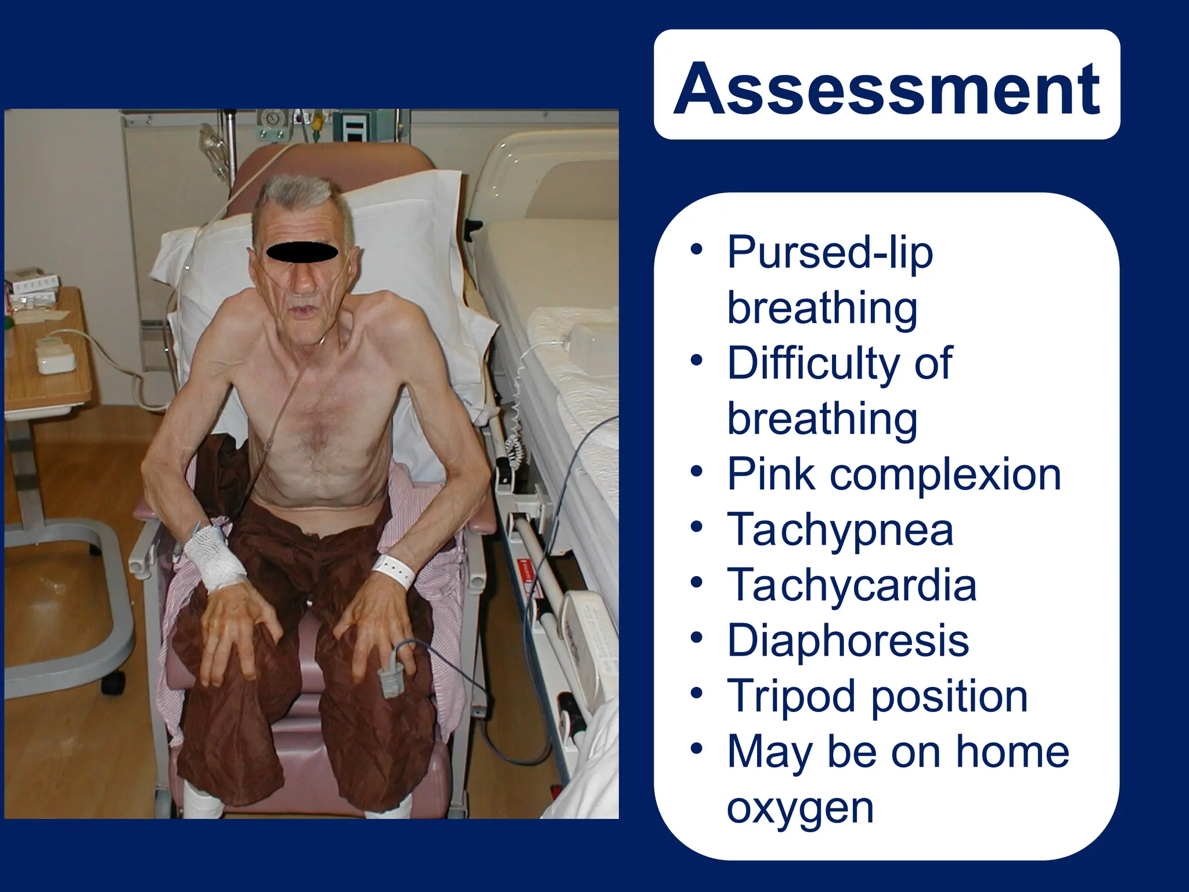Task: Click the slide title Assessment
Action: tap(887, 88)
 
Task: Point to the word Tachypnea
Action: tap(840, 530)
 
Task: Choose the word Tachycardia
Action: tap(852, 585)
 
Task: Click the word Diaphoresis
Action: tap(848, 641)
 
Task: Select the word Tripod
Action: tap(790, 696)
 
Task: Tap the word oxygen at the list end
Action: tap(799, 808)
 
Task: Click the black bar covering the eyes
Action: tap(301, 252)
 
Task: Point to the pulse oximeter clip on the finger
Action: tap(390, 667)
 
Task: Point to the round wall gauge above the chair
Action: tap(270, 118)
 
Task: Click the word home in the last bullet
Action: tap(1012, 752)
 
